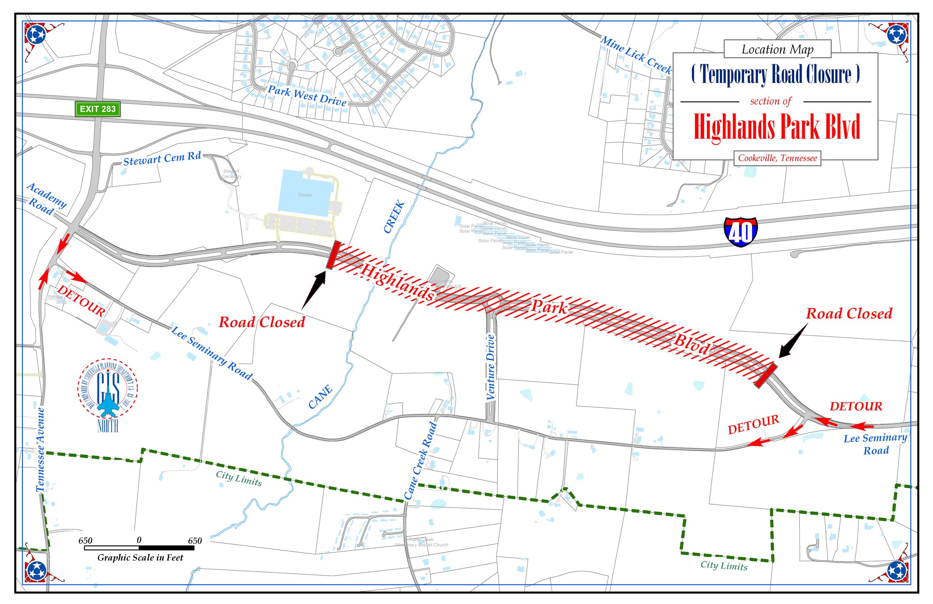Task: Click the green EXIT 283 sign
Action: pyautogui.click(x=98, y=109)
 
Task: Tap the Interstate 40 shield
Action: pyautogui.click(x=740, y=232)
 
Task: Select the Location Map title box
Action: pyautogui.click(x=777, y=50)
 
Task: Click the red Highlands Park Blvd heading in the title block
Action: pyautogui.click(x=777, y=127)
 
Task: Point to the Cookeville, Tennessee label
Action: pyautogui.click(x=777, y=158)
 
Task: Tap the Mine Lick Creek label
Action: pyautogui.click(x=636, y=55)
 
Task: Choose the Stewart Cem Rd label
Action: pyautogui.click(x=162, y=158)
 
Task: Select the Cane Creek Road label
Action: pyautogui.click(x=420, y=460)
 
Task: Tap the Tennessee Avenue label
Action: pyautogui.click(x=40, y=450)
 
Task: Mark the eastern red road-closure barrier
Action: pyautogui.click(x=766, y=375)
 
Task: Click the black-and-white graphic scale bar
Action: pyautogui.click(x=139, y=548)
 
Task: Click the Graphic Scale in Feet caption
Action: pyautogui.click(x=140, y=558)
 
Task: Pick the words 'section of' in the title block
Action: pyautogui.click(x=770, y=101)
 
